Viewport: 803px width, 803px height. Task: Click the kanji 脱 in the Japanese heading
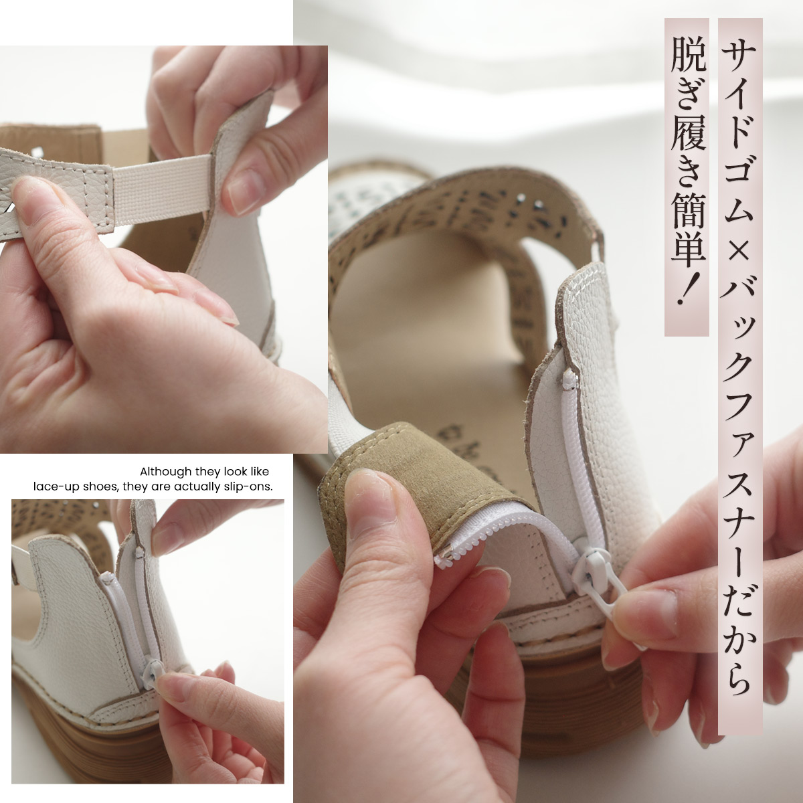tap(687, 53)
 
